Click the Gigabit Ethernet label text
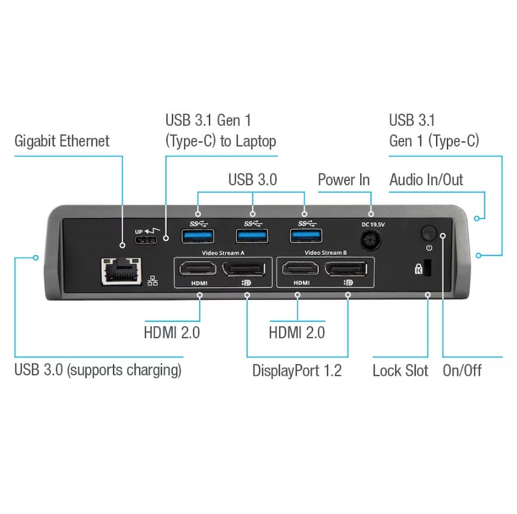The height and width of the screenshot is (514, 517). [x=62, y=141]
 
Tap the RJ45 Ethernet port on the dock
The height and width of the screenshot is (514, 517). [x=121, y=271]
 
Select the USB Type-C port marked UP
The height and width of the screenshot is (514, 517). [x=146, y=240]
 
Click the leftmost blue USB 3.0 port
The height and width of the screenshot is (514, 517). [x=198, y=236]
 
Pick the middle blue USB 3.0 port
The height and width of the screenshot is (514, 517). [x=252, y=236]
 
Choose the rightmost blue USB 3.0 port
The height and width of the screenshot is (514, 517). [x=306, y=236]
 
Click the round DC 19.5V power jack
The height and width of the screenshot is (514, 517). [x=370, y=240]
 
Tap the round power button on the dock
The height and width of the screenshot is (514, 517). [x=428, y=233]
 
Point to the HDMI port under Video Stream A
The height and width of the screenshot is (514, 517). [x=198, y=269]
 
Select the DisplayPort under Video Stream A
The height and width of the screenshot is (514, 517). [x=244, y=269]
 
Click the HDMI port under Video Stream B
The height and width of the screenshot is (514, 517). [x=300, y=269]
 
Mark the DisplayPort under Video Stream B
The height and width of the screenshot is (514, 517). [x=346, y=269]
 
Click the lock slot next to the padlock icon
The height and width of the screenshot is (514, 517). [x=427, y=267]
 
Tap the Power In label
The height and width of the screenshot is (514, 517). [x=343, y=180]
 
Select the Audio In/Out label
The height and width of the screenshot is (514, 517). [x=426, y=180]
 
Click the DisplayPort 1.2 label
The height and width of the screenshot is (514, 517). [x=297, y=370]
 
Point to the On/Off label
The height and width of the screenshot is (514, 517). [x=462, y=370]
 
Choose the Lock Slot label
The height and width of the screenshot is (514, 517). [x=400, y=370]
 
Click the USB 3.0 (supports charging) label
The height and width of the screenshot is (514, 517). [x=98, y=370]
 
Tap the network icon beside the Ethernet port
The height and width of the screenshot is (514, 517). [x=153, y=281]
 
